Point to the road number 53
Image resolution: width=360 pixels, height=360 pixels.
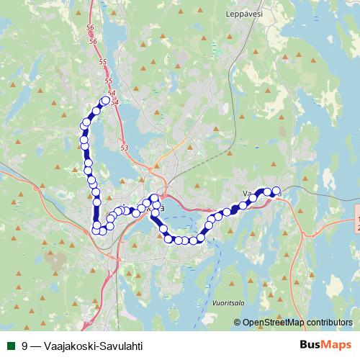[124, 148]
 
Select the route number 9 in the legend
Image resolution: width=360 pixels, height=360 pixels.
[25, 346]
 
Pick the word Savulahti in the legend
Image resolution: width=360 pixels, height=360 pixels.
[120, 346]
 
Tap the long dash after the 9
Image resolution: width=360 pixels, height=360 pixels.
[36, 346]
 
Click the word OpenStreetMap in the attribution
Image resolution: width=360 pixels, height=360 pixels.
[272, 323]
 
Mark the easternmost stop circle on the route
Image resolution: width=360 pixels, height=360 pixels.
[276, 192]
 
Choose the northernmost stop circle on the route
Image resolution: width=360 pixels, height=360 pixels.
[106, 101]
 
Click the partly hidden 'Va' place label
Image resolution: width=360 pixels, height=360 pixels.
[248, 194]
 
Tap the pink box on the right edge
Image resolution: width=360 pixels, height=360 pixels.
[358, 222]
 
